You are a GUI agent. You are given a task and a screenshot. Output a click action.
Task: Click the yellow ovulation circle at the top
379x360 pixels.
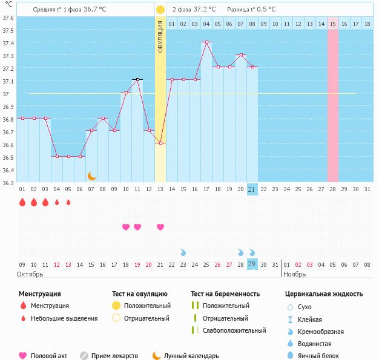click(160, 10)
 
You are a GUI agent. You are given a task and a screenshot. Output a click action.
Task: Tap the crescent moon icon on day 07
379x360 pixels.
click(91, 175)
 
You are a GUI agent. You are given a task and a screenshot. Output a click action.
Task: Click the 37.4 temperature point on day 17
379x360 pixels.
click(206, 42)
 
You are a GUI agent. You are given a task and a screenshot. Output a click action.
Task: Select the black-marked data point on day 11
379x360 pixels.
click(137, 79)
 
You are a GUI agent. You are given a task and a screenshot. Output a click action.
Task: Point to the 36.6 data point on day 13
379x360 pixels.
click(160, 143)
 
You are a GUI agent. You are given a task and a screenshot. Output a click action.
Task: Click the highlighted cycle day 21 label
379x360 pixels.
click(252, 189)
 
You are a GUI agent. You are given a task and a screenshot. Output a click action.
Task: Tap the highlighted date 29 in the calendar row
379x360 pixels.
click(252, 264)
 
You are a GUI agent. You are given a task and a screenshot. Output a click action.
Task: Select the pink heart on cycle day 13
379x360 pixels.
click(160, 227)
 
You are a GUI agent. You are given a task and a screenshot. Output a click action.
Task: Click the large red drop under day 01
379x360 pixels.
click(22, 202)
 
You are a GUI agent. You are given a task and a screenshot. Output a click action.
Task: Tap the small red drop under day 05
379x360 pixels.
click(68, 202)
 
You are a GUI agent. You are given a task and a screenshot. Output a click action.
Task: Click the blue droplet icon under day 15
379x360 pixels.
click(183, 252)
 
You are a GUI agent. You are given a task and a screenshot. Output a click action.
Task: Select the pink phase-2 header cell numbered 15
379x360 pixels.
click(332, 24)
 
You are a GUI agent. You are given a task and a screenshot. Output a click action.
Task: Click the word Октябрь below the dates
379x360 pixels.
click(30, 274)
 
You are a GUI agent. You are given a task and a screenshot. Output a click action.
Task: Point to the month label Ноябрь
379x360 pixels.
click(295, 274)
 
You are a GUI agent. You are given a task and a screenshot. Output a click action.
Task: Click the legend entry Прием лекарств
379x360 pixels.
click(114, 356)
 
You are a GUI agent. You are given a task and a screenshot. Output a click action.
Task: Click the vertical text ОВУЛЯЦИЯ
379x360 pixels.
click(160, 36)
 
